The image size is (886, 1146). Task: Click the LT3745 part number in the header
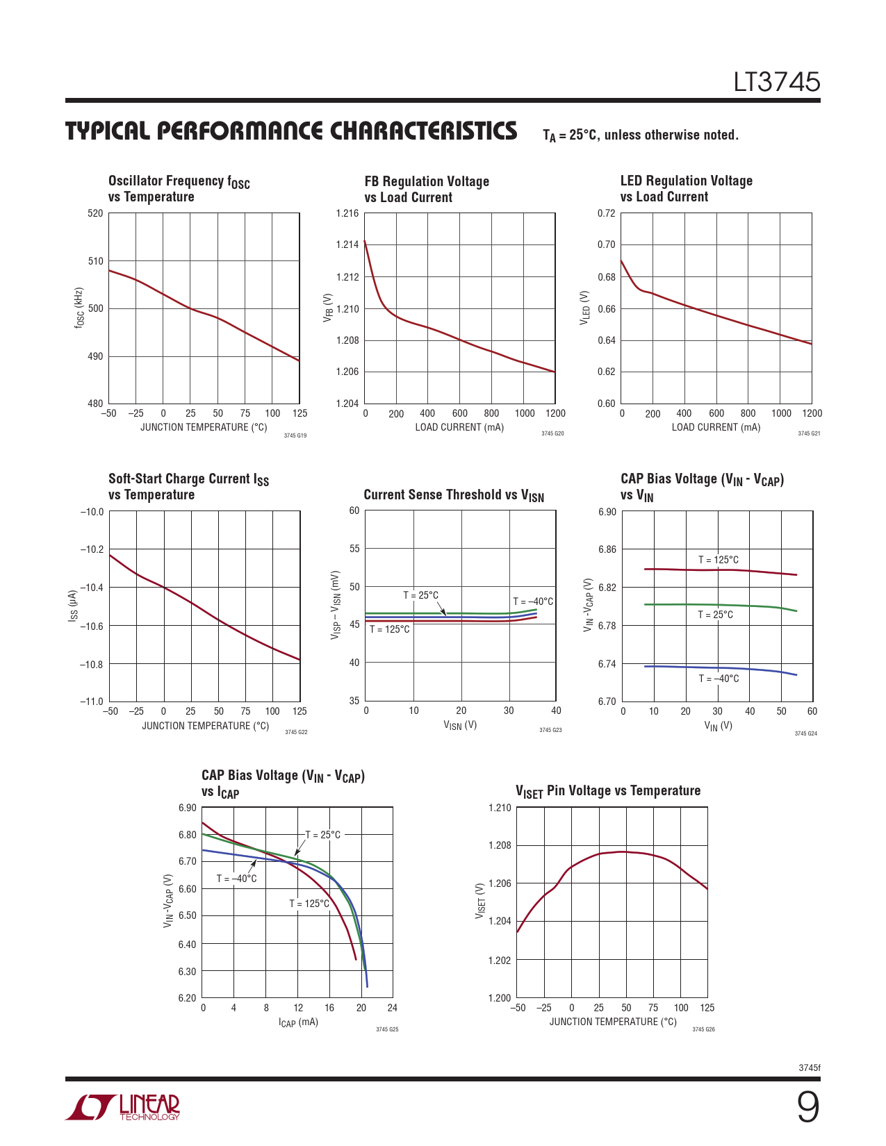[777, 82]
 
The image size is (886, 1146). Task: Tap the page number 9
[807, 1107]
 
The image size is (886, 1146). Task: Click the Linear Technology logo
[123, 1107]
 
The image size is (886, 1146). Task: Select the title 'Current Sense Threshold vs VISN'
[454, 495]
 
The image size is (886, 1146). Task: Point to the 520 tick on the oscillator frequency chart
[95, 213]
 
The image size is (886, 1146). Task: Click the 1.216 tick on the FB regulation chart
[347, 213]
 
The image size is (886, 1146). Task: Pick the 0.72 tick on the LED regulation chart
[606, 213]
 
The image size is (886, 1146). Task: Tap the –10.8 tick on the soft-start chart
[91, 665]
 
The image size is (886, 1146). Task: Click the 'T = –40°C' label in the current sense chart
[533, 601]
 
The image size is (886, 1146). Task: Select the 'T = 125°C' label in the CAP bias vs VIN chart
[719, 560]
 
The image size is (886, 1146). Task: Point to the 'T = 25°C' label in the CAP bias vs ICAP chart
[323, 835]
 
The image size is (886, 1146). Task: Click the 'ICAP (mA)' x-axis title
[298, 1022]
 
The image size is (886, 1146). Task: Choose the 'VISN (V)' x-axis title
[460, 726]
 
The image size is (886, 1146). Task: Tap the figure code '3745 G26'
[703, 1029]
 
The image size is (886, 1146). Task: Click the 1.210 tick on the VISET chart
[500, 808]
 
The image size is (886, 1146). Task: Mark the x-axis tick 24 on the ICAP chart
[392, 1008]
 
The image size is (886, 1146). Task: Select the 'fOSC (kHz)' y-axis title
[80, 308]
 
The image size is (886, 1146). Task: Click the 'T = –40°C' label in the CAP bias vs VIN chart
[719, 679]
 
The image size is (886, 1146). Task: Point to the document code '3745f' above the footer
[810, 1068]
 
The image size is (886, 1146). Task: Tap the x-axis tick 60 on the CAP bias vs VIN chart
[812, 711]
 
